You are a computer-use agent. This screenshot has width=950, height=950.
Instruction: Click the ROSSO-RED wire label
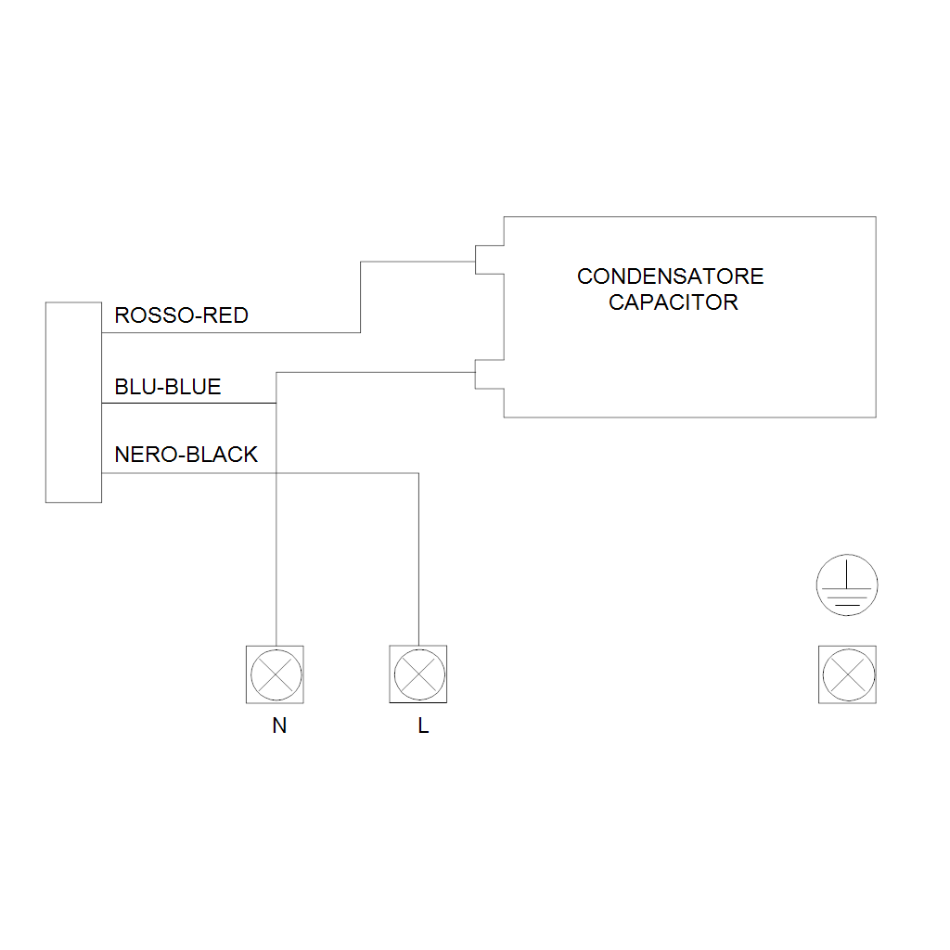pos(181,315)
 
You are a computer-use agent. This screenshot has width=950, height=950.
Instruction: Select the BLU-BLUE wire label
pos(168,387)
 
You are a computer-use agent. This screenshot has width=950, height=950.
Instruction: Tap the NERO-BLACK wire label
pos(186,455)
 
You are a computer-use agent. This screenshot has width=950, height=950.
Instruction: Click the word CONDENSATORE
pos(670,276)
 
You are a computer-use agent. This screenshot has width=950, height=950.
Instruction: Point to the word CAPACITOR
pos(674,302)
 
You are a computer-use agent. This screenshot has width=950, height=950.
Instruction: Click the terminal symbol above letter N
pos(275,674)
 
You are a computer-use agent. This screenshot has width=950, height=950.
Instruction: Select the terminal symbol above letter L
pos(418,674)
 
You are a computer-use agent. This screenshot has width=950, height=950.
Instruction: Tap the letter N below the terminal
pos(279,725)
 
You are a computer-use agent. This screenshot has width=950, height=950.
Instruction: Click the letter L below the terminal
pos(423,725)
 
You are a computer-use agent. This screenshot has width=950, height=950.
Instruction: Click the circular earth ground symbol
pos(847,585)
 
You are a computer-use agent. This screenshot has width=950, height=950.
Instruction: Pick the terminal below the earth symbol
pos(848,674)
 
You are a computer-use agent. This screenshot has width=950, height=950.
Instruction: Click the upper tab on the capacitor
pos(490,260)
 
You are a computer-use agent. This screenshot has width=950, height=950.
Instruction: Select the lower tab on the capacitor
pos(490,374)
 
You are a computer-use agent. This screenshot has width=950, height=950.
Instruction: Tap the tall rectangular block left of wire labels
pos(73,403)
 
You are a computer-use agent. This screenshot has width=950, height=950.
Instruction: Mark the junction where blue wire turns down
pos(276,403)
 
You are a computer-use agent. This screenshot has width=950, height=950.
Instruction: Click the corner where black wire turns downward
pos(418,473)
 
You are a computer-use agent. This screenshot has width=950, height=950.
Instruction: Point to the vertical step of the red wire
pos(361,297)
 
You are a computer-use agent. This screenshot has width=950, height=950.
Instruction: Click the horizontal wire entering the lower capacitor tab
pos(376,373)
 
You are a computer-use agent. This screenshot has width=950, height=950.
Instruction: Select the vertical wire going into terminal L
pos(418,559)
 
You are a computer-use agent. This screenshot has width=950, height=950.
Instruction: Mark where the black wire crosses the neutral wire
pos(276,473)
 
